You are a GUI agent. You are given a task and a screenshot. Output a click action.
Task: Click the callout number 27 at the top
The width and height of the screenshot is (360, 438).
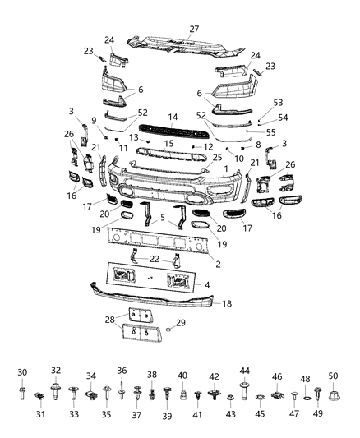coord(194,29)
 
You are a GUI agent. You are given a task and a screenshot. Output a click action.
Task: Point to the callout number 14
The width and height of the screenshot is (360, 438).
coord(173,118)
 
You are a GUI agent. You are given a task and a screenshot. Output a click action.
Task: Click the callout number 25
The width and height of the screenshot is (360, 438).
coord(217,157)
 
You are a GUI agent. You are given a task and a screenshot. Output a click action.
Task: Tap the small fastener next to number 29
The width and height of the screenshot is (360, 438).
coord(168,329)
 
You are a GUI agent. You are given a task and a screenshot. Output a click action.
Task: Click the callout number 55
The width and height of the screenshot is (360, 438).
coord(271,131)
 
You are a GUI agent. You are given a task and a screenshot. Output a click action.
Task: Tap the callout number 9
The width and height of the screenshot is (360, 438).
coord(95,120)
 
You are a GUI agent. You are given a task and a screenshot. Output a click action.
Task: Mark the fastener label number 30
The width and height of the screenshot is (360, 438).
coord(22,373)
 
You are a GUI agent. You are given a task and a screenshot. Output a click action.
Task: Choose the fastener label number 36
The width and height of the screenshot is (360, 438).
coord(122,370)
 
